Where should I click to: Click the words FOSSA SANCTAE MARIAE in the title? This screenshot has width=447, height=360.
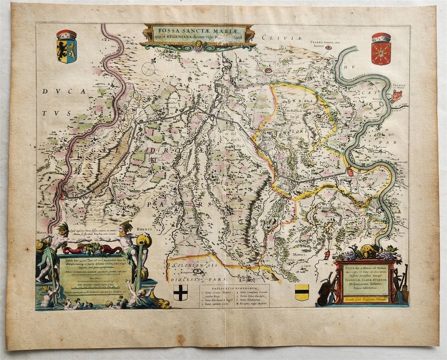click(199, 30)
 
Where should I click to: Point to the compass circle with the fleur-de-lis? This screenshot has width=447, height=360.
click(148, 69)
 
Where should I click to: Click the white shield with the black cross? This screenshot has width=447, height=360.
click(180, 292)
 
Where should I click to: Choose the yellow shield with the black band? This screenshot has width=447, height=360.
click(302, 292)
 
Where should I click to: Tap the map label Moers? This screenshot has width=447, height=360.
click(299, 255)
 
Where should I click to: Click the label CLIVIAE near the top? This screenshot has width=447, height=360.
click(277, 37)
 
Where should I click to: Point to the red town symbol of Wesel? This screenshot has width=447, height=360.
click(396, 96)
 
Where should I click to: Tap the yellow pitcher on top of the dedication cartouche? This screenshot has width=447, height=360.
click(368, 252)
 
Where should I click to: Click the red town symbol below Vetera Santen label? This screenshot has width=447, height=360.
click(328, 48)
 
